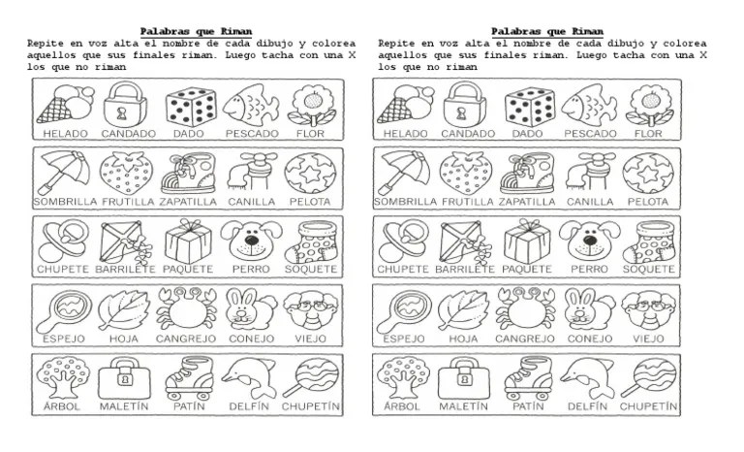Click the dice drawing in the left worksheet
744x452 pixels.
tap(191, 107)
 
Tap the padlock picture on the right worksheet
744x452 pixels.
tap(465, 105)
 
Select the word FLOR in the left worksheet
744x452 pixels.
tap(310, 134)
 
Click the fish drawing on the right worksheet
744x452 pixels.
tap(589, 105)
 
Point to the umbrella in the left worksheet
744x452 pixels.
tap(64, 172)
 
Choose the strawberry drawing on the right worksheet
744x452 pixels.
tap(465, 173)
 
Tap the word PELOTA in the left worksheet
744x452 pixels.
tap(310, 202)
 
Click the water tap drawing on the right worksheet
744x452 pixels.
tap(590, 173)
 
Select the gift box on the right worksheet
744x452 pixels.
tap(527, 241)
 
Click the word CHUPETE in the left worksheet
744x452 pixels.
tap(63, 269)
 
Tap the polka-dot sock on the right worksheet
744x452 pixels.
tap(649, 242)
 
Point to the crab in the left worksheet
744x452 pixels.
tap(186, 308)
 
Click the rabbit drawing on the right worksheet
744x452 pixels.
tap(589, 309)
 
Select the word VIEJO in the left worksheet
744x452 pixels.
tap(310, 339)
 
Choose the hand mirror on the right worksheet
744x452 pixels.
tap(404, 310)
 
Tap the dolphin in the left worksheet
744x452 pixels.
tap(250, 377)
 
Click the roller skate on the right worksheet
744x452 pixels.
tap(528, 378)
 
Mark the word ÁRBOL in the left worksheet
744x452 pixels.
tap(62, 406)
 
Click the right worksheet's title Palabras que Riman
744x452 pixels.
tap(547, 32)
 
